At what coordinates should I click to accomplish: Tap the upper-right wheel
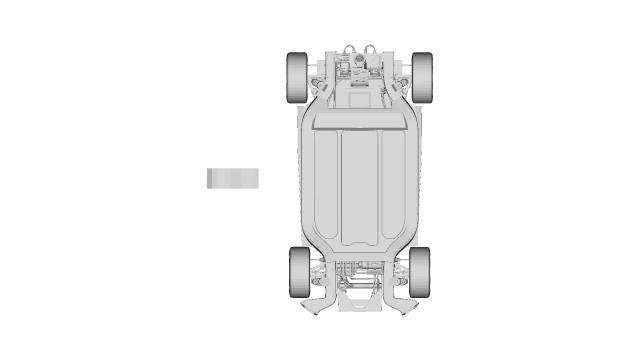[422, 76]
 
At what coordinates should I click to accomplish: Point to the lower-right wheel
[419, 270]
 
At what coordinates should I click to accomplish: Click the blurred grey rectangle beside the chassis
[233, 178]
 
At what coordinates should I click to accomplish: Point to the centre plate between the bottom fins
[360, 301]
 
